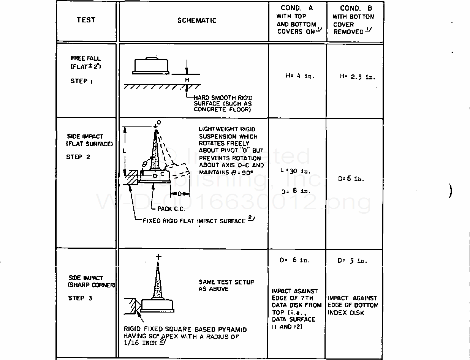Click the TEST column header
86,20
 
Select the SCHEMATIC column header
197,21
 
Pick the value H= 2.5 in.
357,77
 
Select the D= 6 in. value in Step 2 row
351,179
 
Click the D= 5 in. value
352,261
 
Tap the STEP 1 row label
81,81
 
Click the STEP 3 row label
80,298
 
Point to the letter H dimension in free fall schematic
187,80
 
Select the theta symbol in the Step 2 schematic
145,164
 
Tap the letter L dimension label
124,151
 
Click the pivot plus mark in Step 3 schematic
158,257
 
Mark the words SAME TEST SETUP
226,282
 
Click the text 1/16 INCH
141,343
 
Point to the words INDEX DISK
346,313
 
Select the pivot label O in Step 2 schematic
159,122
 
